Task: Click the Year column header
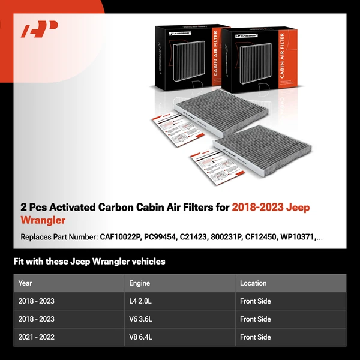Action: (25, 283)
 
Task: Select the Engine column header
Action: (139, 283)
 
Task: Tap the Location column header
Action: (253, 283)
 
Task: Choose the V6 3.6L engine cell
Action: (140, 319)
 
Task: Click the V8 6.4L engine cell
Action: (140, 337)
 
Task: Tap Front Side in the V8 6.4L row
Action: (255, 337)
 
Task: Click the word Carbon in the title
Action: (117, 208)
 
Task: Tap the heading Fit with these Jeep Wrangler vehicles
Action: (89, 262)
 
